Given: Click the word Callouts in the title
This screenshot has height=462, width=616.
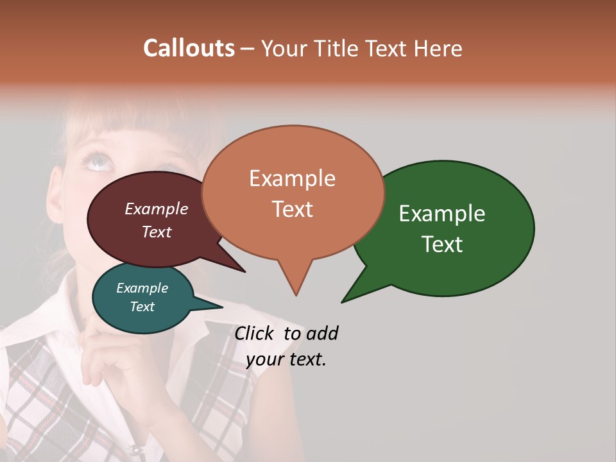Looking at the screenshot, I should point(189,48).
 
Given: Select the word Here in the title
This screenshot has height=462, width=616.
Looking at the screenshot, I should point(438,48).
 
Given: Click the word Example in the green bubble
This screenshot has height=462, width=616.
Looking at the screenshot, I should point(442,214).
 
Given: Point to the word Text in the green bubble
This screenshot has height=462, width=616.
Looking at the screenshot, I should point(442,244).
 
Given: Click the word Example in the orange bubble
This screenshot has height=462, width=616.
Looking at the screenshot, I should point(293,178).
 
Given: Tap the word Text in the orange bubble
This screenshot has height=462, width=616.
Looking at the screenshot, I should point(293,209).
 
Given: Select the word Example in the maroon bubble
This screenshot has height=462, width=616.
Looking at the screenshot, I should point(157,209).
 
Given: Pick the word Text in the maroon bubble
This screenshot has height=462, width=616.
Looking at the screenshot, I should point(157,232).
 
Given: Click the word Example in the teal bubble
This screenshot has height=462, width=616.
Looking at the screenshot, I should point(142,288).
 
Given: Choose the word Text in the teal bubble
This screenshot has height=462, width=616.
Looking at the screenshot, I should point(142,307).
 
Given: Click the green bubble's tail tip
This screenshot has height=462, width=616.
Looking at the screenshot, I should point(343,302).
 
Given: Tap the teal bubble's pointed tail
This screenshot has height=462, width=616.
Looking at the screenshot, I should point(221,306).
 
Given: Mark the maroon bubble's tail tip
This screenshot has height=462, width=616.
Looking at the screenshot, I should point(244,271).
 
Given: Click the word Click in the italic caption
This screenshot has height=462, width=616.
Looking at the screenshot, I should point(253,333).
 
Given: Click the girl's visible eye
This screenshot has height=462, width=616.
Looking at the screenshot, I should point(99,161).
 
